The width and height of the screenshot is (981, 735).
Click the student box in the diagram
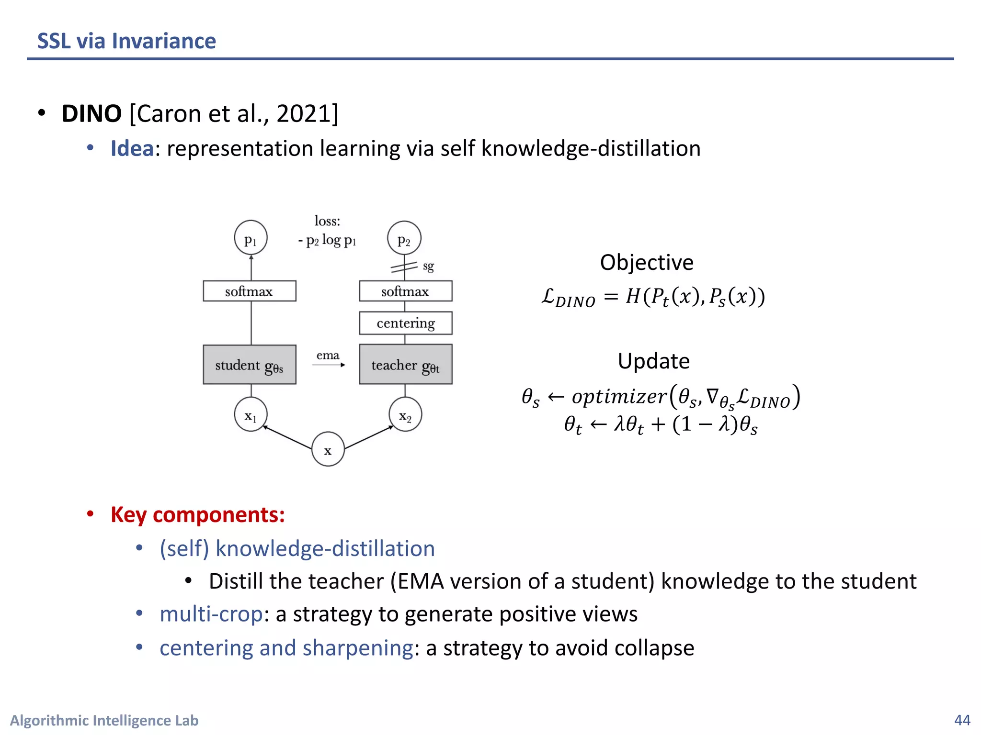click(x=250, y=365)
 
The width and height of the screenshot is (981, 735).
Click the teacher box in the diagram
click(x=405, y=365)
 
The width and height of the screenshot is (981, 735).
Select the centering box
click(x=405, y=323)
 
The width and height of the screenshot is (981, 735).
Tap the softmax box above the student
click(x=250, y=291)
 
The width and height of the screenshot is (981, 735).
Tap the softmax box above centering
click(x=405, y=291)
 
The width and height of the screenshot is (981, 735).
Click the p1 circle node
click(x=251, y=238)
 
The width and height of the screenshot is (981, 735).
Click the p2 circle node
click(x=404, y=238)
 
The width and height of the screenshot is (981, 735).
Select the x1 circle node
click(x=251, y=414)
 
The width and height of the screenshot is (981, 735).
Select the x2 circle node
click(x=405, y=414)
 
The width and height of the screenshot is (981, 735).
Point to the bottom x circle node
click(x=328, y=449)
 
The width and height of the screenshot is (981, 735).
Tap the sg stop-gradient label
click(x=428, y=266)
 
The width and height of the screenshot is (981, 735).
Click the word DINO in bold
click(x=91, y=114)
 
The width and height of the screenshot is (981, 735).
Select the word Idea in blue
click(x=132, y=148)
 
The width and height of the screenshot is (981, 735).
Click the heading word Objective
click(x=647, y=263)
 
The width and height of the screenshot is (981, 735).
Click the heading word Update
click(x=653, y=361)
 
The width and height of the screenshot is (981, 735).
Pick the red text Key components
click(x=197, y=515)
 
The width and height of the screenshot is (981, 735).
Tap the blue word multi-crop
click(x=211, y=614)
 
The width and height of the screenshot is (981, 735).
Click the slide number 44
click(x=962, y=720)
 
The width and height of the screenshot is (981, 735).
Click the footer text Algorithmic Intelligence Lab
click(x=104, y=720)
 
